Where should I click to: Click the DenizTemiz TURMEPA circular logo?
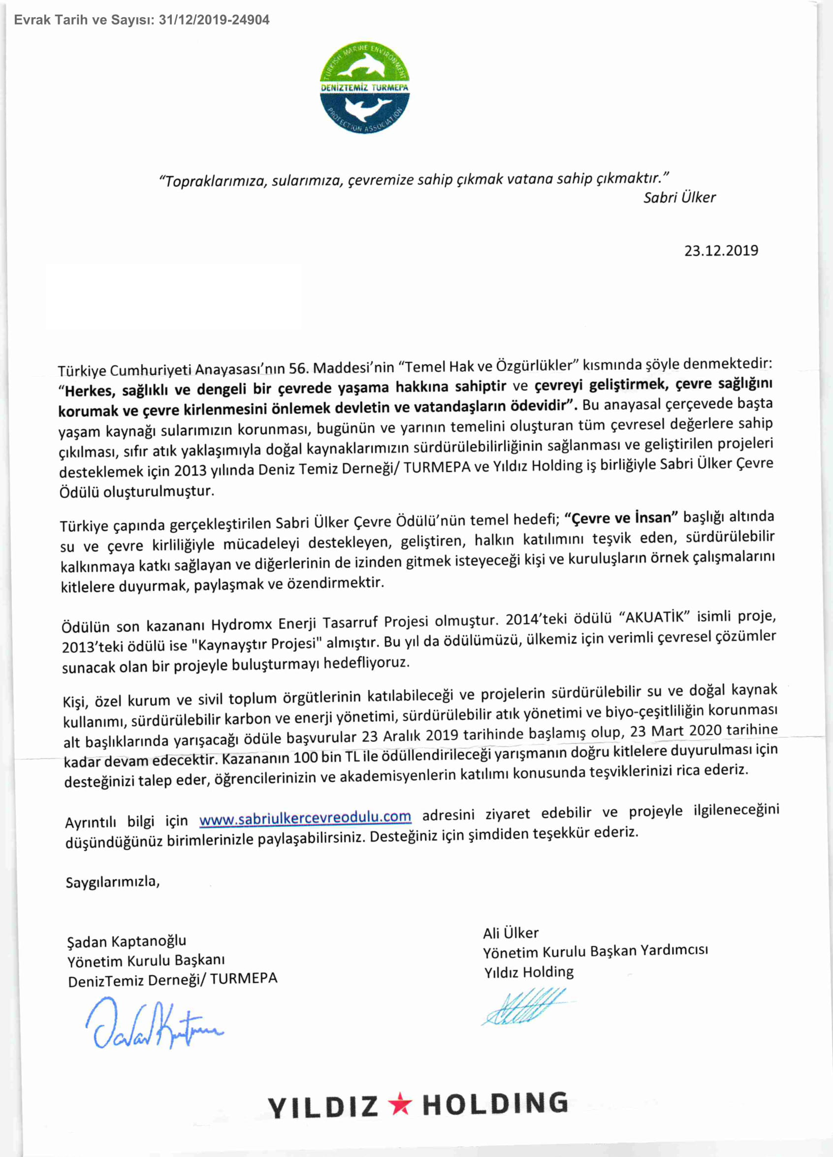[364, 87]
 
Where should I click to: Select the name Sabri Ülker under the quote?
[679, 197]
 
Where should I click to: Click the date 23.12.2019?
[721, 251]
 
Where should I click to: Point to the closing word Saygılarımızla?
[113, 881]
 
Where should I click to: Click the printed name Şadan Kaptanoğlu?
[127, 941]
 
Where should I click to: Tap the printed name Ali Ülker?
[511, 933]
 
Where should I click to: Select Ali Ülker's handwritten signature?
[525, 1006]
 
